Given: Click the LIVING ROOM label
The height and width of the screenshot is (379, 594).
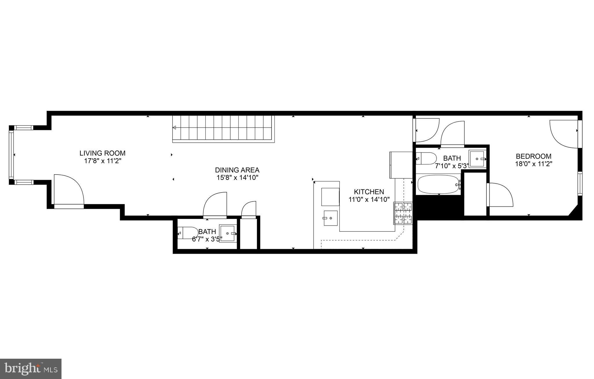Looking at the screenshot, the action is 103,153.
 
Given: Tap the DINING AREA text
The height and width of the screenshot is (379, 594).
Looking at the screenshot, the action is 237,170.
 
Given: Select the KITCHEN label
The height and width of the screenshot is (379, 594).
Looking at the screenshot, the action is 369,192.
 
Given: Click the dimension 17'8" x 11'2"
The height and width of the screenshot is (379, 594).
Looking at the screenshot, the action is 103,161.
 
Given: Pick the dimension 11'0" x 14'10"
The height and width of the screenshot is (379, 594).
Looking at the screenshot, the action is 369,199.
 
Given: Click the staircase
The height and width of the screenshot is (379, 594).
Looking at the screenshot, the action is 223,129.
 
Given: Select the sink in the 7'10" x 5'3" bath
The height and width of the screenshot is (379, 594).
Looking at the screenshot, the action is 477,159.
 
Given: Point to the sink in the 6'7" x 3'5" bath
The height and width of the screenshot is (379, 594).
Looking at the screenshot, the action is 228,233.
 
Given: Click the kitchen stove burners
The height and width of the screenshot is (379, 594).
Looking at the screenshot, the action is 403,213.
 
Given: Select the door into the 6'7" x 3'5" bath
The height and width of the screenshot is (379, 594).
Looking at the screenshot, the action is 215,204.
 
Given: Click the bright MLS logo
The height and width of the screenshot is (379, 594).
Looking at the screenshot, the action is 31,369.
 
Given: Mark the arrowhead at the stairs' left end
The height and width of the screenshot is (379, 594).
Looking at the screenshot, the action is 174,127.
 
